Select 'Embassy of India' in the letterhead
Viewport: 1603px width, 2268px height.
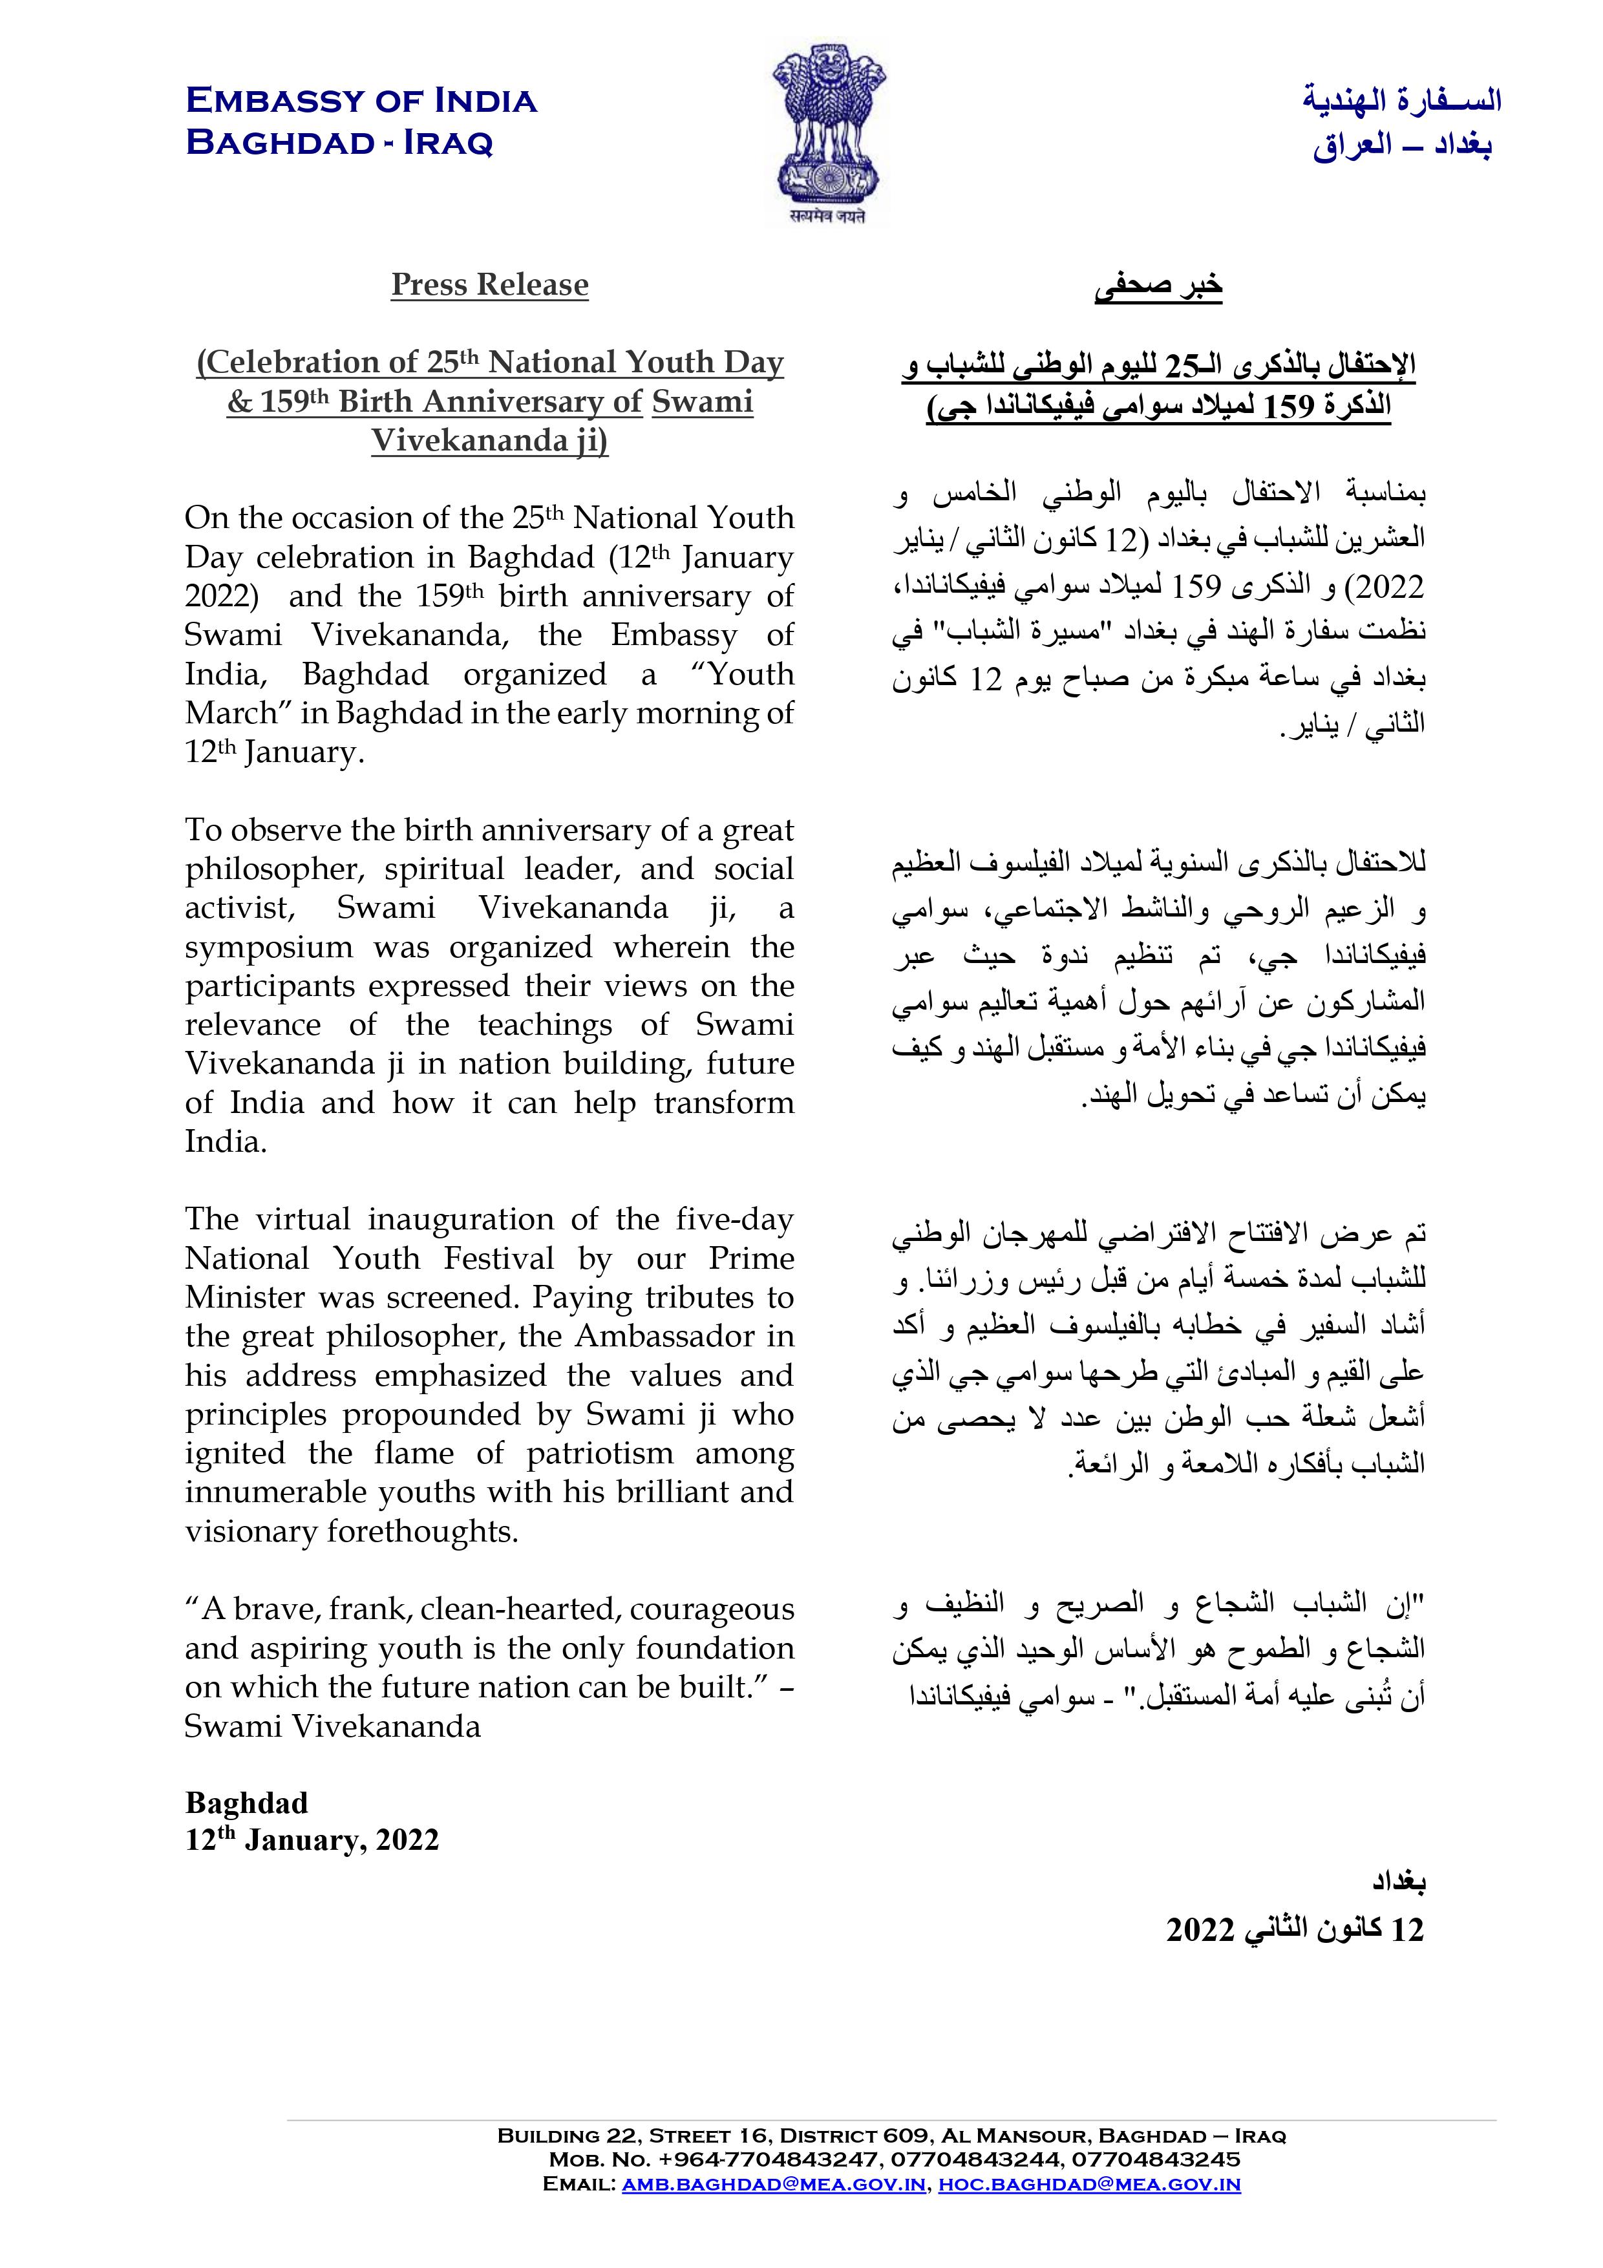tap(361, 101)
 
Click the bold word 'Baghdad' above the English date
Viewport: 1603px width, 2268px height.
tap(246, 1803)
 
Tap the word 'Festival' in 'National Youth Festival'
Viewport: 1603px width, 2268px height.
tap(499, 1258)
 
